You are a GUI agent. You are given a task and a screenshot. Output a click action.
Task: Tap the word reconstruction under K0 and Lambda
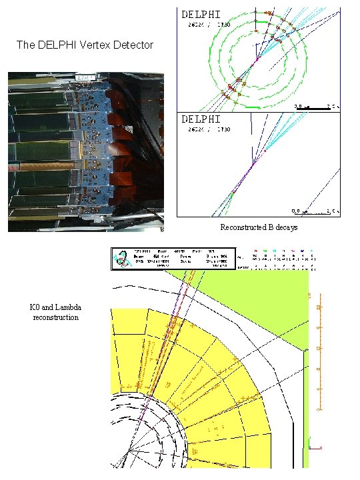click(x=56, y=317)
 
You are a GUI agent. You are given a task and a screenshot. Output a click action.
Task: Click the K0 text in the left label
click(x=35, y=308)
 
